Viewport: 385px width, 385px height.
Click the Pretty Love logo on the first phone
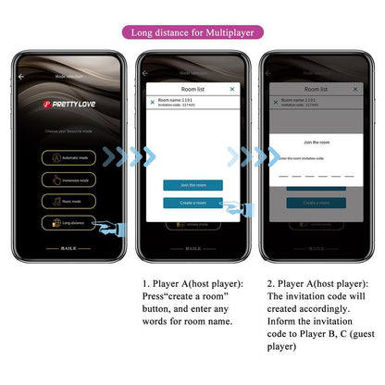(x=68, y=106)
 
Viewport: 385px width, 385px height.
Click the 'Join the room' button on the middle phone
(x=192, y=185)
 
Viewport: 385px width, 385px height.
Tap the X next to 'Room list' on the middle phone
(x=231, y=89)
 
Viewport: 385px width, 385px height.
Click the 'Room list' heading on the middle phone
(x=192, y=89)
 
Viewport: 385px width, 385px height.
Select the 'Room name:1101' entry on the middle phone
(x=176, y=100)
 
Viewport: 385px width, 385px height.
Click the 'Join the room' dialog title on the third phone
(x=317, y=143)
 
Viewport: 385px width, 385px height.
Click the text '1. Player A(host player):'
(x=192, y=283)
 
